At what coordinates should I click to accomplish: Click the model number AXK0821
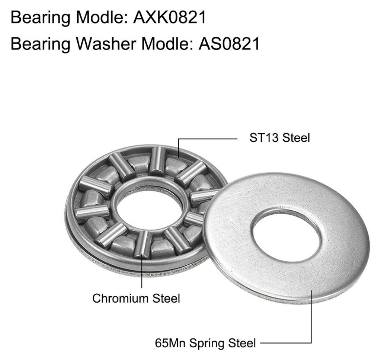click(170, 17)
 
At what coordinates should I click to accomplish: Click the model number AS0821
click(229, 44)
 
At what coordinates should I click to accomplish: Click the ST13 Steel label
click(280, 138)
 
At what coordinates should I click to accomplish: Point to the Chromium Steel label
click(136, 298)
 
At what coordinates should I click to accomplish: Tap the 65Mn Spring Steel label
click(205, 343)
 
